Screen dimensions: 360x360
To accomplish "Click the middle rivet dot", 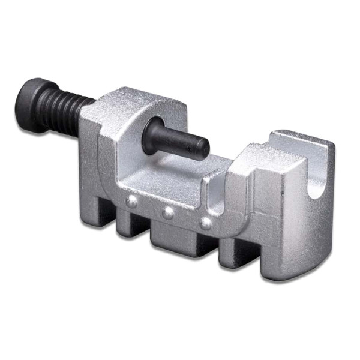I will coord(169,211).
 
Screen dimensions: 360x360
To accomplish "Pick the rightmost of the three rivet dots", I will coord(206,223).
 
